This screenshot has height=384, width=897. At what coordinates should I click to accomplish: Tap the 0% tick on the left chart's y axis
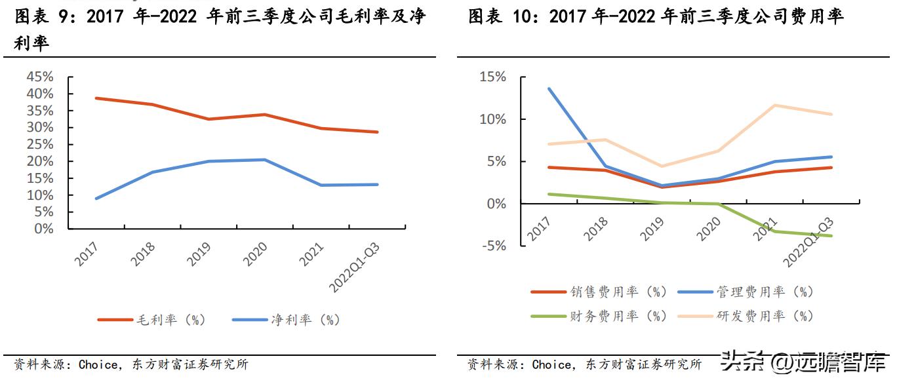coord(43,229)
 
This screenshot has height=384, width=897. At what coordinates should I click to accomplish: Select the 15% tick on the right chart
coord(492,77)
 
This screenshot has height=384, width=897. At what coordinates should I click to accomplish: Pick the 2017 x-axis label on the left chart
coord(87,254)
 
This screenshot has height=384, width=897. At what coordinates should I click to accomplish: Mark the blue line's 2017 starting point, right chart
coord(549,88)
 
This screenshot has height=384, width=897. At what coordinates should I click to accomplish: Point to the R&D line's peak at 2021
coord(775,106)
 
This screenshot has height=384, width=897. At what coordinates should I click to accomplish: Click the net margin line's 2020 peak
coord(264,159)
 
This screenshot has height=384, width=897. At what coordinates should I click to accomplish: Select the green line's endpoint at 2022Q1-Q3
coord(831,236)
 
